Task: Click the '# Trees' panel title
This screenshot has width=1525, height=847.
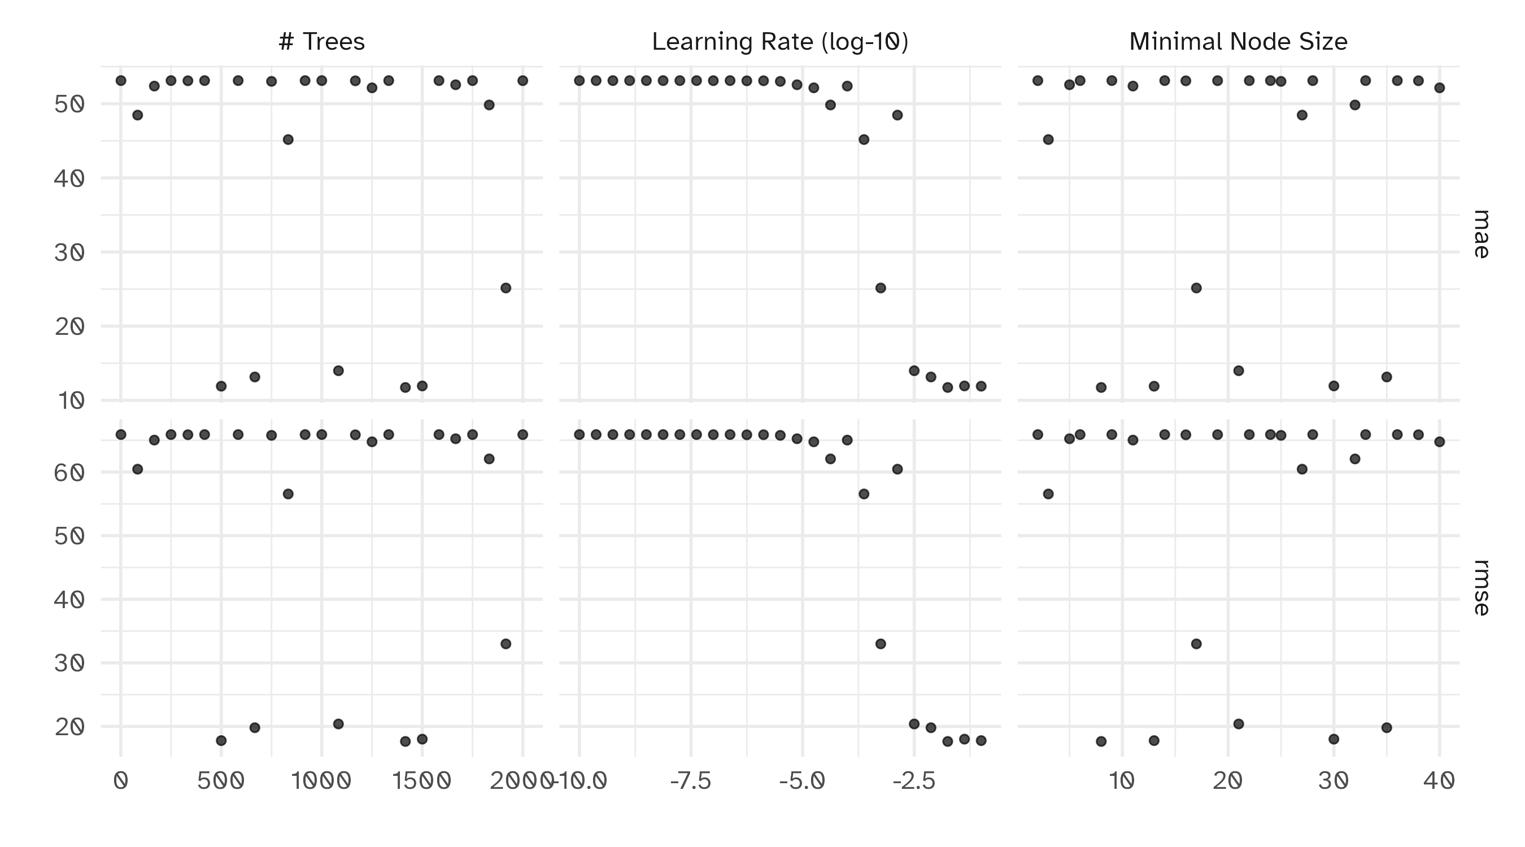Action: point(321,41)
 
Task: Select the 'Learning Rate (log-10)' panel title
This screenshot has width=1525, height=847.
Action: point(779,41)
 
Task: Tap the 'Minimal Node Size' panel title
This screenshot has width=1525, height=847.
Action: point(1238,41)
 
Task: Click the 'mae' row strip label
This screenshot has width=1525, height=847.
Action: point(1481,234)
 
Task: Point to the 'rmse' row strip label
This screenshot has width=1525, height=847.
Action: point(1481,587)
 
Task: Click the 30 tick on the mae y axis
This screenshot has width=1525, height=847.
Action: point(69,253)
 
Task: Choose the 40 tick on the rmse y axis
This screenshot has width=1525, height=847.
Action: point(69,600)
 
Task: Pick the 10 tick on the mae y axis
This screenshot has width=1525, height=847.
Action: point(69,401)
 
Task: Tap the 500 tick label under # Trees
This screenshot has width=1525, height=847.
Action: point(221,781)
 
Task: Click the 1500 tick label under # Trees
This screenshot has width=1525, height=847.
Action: point(422,781)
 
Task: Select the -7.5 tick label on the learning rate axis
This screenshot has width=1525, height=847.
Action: point(690,781)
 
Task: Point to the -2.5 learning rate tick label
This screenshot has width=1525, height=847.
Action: point(913,781)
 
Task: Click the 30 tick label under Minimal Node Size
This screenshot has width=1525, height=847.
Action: point(1334,781)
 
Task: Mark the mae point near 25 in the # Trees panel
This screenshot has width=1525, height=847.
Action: point(506,287)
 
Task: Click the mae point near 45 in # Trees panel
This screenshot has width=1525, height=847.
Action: point(287,139)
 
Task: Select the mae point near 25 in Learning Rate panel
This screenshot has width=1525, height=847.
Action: point(881,287)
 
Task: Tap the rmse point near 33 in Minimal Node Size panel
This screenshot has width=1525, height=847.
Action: point(1196,643)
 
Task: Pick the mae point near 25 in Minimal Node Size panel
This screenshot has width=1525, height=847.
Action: point(1196,287)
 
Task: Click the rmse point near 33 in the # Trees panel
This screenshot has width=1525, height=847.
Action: point(506,643)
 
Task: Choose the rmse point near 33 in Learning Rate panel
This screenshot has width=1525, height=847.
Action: point(881,643)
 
